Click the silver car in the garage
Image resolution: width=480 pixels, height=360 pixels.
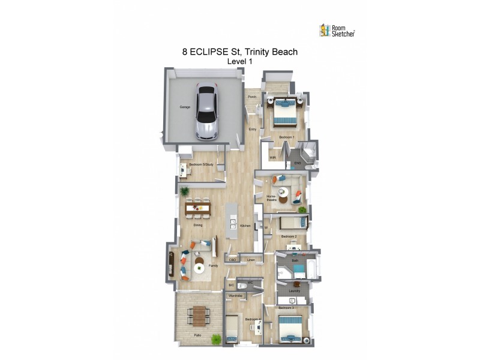coord(206,112)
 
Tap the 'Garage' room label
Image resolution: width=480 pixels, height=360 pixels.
coord(185,107)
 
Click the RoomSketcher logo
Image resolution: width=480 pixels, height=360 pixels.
coord(337,31)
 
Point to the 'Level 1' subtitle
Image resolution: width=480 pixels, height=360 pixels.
coord(240,61)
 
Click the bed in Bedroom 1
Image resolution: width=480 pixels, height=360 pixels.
coord(286,112)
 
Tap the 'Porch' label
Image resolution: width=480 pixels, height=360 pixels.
coord(253,97)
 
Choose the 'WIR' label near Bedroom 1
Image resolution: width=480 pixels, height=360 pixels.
coord(272,158)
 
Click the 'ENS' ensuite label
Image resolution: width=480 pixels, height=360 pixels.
coord(297,163)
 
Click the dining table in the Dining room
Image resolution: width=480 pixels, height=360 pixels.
coord(199,209)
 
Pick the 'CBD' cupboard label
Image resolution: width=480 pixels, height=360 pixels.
coord(232,260)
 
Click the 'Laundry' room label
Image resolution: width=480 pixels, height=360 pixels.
coord(294,291)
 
